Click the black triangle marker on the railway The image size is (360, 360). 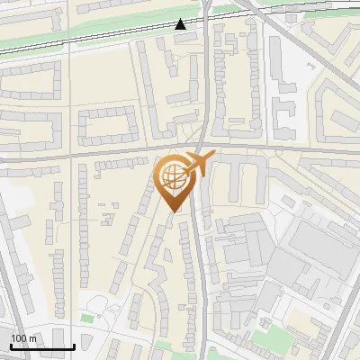[181, 24]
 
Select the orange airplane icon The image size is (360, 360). [197, 164]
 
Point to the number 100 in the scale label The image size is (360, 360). [19, 338]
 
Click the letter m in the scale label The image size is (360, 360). [32, 338]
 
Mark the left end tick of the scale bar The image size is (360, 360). [11, 345]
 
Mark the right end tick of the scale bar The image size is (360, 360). [74, 345]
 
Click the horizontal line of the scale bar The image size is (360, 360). [42, 346]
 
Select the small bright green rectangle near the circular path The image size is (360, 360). [87, 318]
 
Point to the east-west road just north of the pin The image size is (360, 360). [108, 154]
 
